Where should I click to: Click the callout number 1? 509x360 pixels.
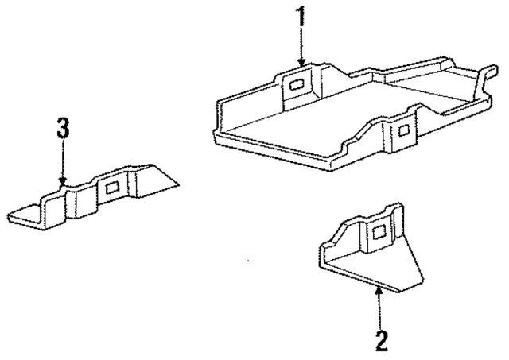tap(300, 17)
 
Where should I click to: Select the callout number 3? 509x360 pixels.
tap(64, 127)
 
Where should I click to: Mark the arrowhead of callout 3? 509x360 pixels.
tap(64, 183)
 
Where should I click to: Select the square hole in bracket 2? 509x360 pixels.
tap(379, 232)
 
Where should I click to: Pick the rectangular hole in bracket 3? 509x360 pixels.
tap(110, 187)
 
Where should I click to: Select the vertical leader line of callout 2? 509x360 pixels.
tap(380, 310)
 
